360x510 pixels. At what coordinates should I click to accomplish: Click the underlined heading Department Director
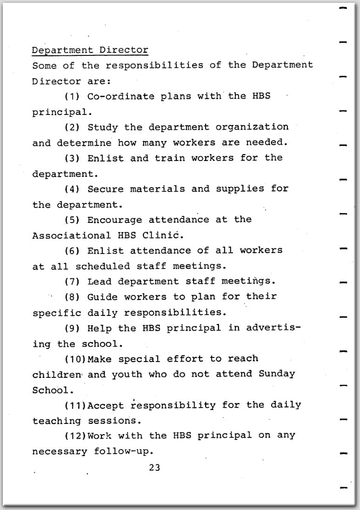(90, 50)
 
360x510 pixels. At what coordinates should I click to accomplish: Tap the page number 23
(154, 468)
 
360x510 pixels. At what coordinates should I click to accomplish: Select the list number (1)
(72, 97)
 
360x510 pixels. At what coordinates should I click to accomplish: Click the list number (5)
(72, 220)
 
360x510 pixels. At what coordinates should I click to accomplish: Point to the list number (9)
(72, 328)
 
